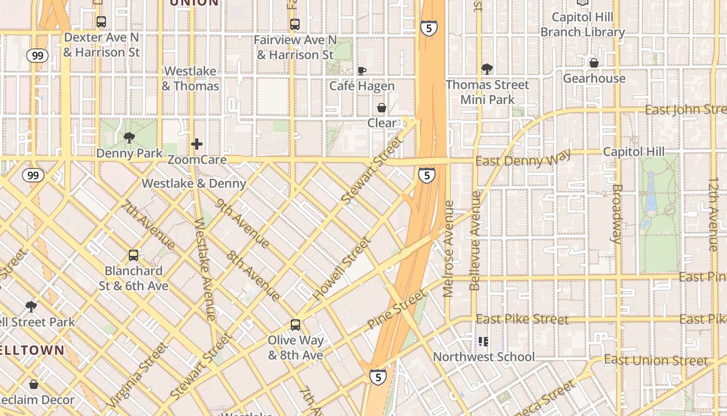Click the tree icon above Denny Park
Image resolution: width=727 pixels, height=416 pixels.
tap(129, 138)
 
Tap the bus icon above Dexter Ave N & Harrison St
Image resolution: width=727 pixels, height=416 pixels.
tap(101, 22)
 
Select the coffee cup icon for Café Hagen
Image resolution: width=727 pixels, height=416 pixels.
tap(362, 71)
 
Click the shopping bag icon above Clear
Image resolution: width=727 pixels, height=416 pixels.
tap(382, 108)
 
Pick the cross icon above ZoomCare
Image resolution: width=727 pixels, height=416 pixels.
tap(197, 144)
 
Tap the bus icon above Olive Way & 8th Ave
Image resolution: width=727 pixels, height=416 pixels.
tap(295, 325)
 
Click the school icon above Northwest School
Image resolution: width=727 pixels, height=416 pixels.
tap(483, 342)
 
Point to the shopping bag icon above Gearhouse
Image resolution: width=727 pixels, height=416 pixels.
tap(594, 63)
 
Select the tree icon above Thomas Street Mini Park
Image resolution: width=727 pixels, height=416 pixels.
tap(487, 69)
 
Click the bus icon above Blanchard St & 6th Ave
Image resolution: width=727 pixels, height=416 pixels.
tap(133, 255)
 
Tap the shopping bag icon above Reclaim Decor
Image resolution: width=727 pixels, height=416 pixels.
tap(34, 384)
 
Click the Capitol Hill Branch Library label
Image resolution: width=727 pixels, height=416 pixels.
tap(583, 24)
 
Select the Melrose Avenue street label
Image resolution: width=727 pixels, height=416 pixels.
tap(449, 249)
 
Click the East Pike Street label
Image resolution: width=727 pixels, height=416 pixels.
tap(522, 319)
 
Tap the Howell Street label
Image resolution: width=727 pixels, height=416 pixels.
tap(342, 269)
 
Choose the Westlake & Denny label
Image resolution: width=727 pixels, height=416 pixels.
tap(194, 184)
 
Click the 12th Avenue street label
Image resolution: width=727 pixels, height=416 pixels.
tap(713, 206)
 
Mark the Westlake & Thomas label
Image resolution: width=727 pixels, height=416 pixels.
tap(190, 79)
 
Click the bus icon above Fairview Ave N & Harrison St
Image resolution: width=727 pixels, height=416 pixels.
tap(295, 24)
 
